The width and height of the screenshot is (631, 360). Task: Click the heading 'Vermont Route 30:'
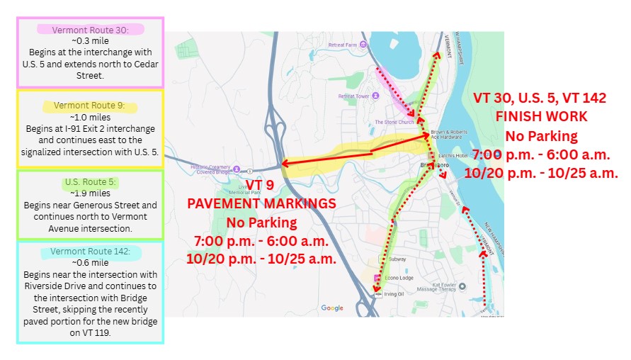[90, 30]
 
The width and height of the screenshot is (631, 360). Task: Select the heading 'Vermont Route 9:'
[89, 106]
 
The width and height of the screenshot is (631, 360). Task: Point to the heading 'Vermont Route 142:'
[91, 252]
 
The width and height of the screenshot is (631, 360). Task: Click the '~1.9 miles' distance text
[90, 193]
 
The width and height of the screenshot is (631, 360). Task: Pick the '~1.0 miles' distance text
[90, 116]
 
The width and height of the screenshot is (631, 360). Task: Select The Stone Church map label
[394, 122]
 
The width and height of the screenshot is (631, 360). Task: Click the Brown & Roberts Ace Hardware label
[455, 137]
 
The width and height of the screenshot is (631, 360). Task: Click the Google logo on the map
[332, 308]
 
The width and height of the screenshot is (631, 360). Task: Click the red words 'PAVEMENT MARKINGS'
[261, 203]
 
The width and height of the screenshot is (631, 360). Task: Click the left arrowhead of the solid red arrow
[285, 164]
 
